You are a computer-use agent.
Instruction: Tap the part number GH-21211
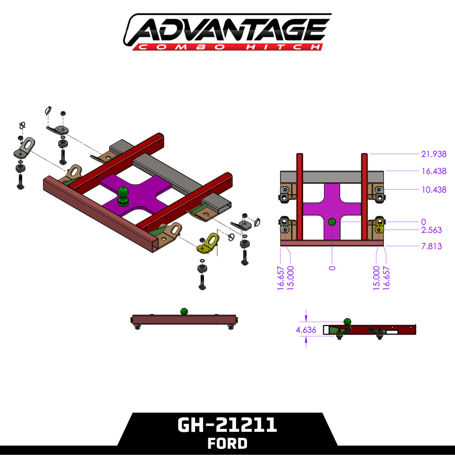[x=227, y=425]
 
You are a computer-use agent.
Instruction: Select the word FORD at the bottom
[x=227, y=443]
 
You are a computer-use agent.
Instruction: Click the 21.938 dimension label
[x=433, y=154]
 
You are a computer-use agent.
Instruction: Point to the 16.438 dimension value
[x=433, y=171]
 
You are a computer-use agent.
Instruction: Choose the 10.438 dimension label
[x=433, y=190]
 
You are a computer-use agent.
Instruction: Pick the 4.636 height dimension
[x=306, y=330]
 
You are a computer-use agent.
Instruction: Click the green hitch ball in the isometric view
[x=123, y=194]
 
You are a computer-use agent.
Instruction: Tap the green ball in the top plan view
[x=332, y=222]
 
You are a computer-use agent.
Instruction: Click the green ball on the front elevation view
[x=184, y=311]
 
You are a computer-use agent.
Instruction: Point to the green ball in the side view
[x=347, y=321]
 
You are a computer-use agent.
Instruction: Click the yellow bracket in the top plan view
[x=379, y=225]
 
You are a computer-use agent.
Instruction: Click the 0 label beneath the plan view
[x=332, y=268]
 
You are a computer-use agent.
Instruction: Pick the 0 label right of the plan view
[x=423, y=222]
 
